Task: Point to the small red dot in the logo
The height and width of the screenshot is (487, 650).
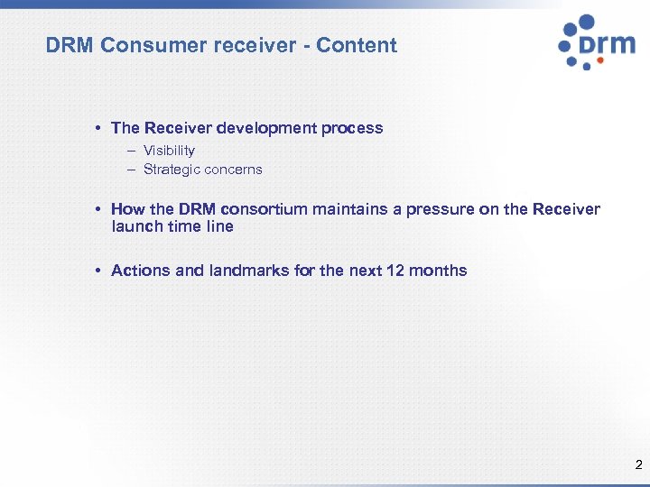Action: [588, 66]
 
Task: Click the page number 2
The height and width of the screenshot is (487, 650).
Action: [638, 466]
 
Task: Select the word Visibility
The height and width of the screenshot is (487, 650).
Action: [169, 151]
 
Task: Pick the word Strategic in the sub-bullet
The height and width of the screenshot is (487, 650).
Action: [172, 170]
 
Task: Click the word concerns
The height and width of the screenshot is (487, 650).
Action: [233, 170]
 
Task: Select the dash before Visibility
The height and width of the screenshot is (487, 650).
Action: [131, 151]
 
